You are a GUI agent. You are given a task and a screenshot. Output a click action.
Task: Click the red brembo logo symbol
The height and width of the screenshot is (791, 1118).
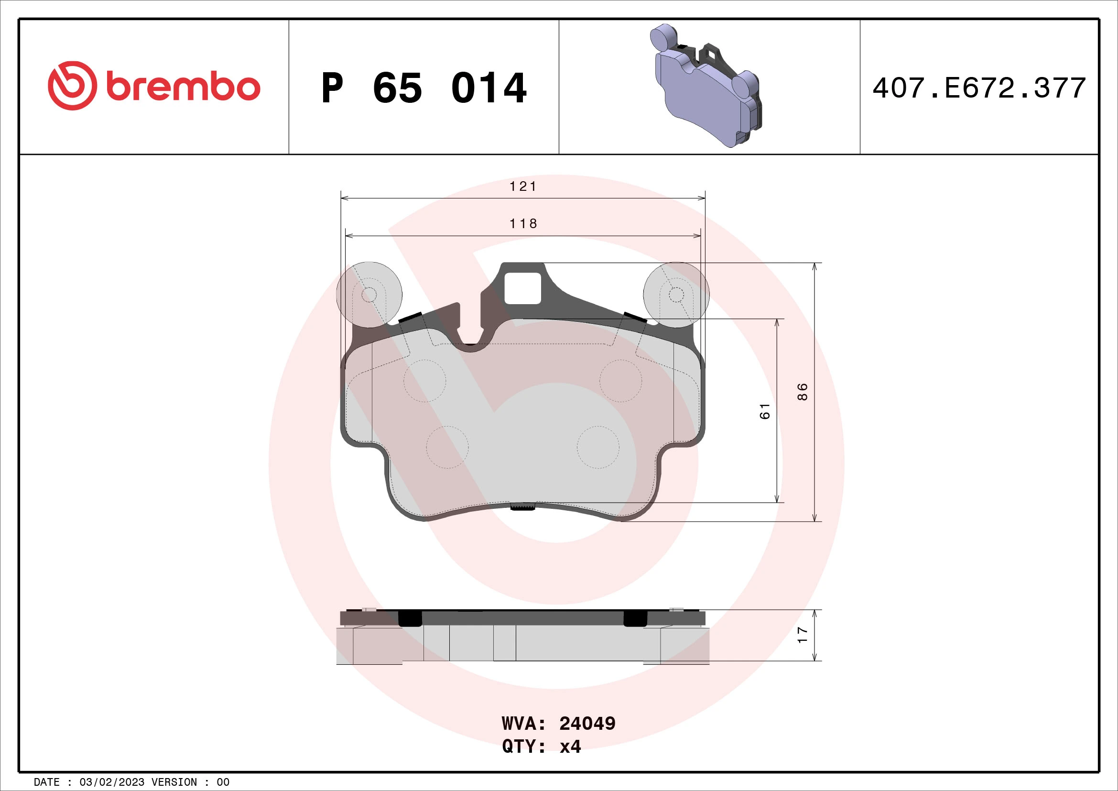(x=72, y=86)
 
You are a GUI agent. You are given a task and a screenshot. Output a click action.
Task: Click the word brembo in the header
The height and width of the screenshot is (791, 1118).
(x=183, y=87)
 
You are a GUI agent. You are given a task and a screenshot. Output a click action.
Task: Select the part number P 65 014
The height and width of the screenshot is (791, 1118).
(x=423, y=88)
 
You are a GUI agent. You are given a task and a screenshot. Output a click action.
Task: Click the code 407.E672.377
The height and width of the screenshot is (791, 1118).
(x=979, y=88)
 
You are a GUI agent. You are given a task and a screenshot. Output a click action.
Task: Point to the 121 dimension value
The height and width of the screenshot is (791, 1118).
(x=522, y=187)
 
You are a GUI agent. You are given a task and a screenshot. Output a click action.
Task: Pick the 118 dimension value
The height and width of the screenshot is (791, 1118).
(x=522, y=223)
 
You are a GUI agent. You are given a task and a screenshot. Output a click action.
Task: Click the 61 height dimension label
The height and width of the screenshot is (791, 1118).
(x=764, y=411)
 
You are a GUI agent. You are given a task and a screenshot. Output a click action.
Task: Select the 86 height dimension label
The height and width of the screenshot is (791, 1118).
(x=802, y=392)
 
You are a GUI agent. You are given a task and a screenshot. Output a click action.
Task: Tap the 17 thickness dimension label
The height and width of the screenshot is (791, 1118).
(x=802, y=635)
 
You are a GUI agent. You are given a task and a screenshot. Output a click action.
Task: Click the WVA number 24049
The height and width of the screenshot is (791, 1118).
(x=587, y=723)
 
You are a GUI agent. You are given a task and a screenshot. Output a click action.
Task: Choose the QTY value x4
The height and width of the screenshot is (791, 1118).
(x=570, y=746)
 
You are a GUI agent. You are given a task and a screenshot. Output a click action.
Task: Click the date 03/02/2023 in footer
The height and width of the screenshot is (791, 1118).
(x=111, y=782)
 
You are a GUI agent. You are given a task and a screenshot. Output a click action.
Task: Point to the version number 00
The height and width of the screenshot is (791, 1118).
(x=223, y=782)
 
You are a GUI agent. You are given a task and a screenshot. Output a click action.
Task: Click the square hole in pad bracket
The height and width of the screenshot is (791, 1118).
(x=522, y=288)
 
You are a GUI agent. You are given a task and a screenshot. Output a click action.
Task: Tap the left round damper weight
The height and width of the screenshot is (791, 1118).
(x=369, y=294)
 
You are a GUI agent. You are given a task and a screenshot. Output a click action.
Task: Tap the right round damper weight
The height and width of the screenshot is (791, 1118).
(x=676, y=294)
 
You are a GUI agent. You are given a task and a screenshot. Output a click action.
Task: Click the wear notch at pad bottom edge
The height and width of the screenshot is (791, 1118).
(x=522, y=507)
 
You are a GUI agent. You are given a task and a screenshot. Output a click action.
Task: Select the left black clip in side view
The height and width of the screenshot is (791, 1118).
(x=410, y=618)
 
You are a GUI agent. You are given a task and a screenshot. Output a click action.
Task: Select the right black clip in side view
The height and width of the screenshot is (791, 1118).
(x=635, y=618)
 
